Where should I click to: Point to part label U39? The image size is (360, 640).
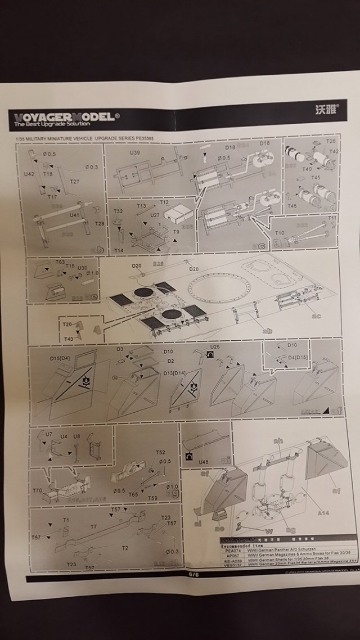coord(135,153)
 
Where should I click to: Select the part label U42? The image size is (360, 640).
coord(29,174)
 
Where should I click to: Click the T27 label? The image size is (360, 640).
coord(75,181)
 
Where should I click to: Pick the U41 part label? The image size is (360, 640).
coord(74,215)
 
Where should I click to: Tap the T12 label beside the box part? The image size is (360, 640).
coord(164,202)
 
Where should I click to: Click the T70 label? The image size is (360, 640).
coord(37,490)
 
